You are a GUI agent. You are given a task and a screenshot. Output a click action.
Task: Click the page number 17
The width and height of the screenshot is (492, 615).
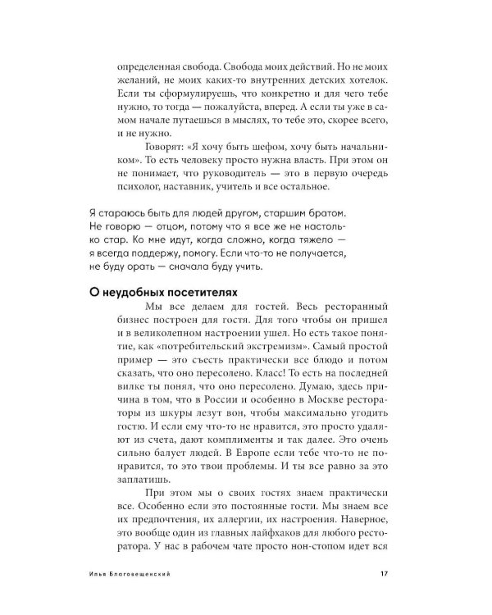click(383, 573)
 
